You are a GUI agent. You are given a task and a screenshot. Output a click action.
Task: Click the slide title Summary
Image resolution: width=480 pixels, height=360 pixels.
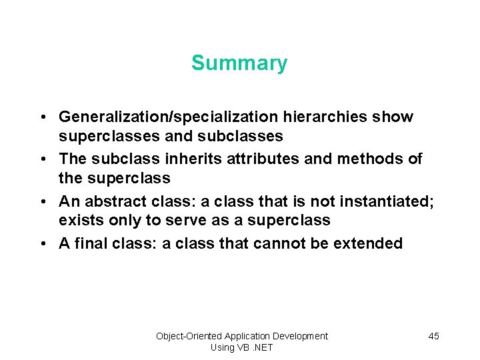tap(239, 63)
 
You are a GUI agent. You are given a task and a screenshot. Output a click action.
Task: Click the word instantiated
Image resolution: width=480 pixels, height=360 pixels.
tap(385, 201)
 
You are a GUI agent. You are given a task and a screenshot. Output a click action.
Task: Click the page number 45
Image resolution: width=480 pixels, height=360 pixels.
tap(433, 336)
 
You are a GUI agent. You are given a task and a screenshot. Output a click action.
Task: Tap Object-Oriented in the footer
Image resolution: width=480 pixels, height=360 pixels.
tap(189, 336)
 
